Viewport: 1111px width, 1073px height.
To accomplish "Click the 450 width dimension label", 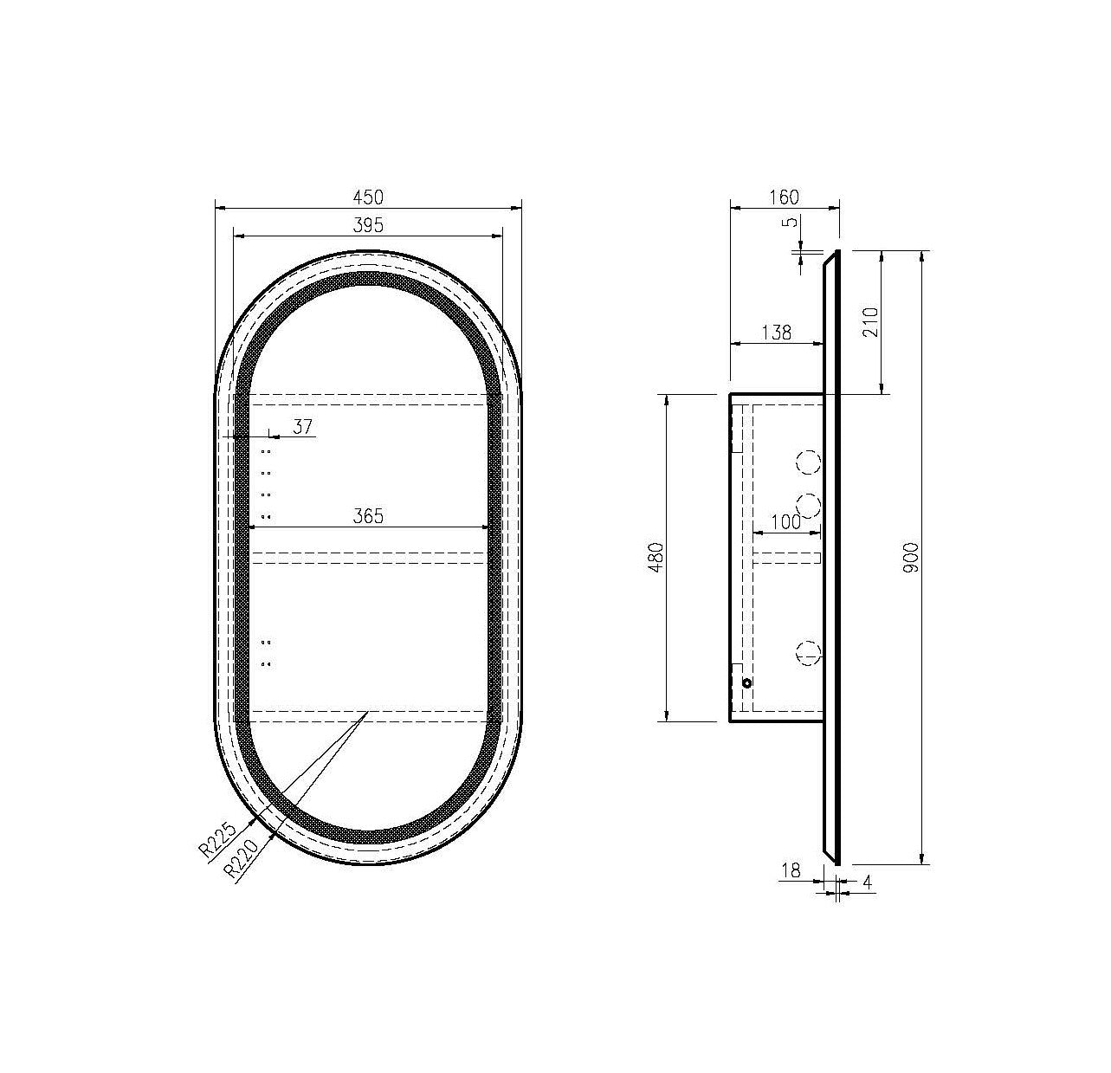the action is click(x=368, y=197).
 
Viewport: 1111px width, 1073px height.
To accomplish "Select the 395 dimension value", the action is click(x=368, y=225).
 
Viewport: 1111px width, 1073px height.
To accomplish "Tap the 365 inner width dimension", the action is click(x=368, y=516).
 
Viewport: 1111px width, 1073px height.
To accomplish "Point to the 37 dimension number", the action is click(x=303, y=427).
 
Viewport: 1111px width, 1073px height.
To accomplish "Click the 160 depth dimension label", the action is click(x=785, y=197).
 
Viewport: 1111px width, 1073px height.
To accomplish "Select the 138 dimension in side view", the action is click(x=777, y=333).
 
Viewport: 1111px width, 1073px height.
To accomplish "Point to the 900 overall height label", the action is click(x=912, y=558).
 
